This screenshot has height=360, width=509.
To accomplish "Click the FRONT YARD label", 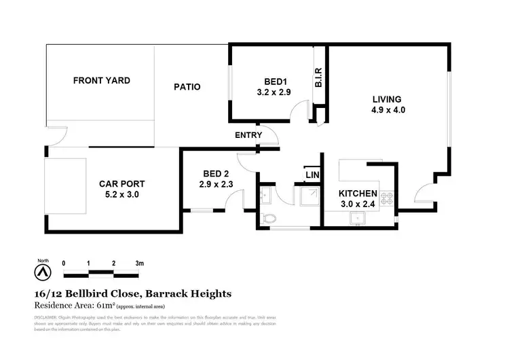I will point(101,81).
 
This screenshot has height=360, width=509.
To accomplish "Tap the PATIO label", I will point(187,87).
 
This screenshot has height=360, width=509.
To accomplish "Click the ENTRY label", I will point(248,135).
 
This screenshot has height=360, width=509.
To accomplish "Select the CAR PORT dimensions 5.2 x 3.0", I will point(121,195).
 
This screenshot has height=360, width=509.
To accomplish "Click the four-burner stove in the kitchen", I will point(388,199).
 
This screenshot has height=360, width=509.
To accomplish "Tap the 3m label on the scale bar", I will point(139,263).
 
